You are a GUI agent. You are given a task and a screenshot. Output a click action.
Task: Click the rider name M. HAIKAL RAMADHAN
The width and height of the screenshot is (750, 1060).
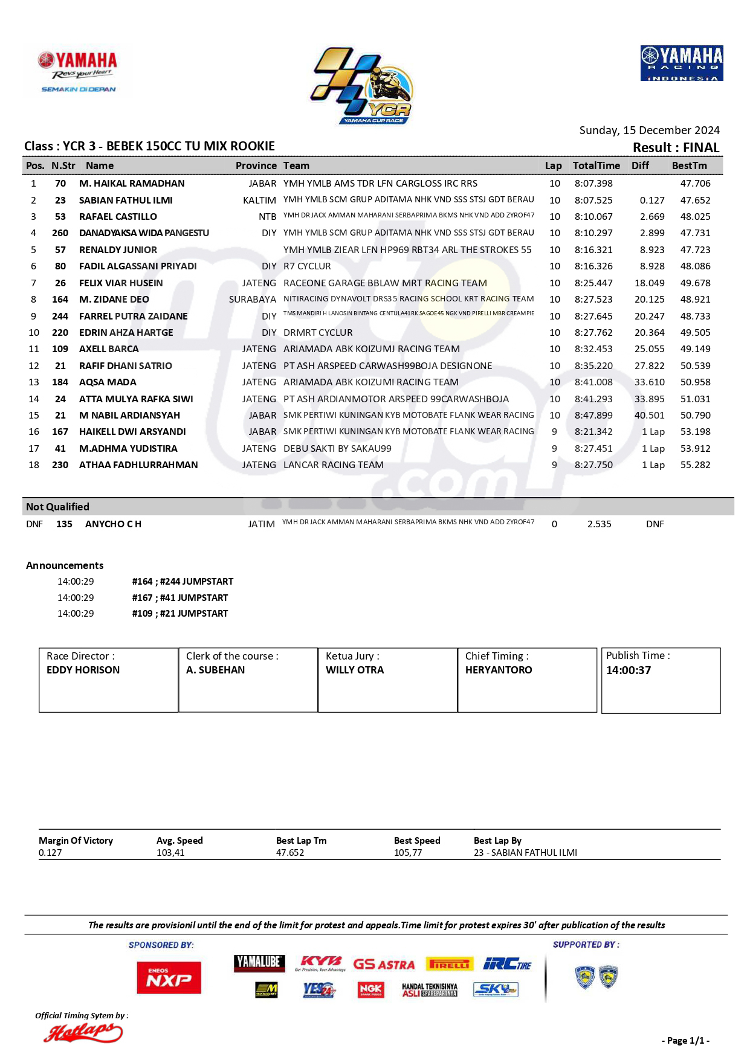pyautogui.click(x=132, y=184)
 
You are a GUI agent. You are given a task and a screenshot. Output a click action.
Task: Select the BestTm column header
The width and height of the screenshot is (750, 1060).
pyautogui.click(x=689, y=165)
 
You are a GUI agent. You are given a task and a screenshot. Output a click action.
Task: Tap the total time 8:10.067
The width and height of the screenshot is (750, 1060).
pyautogui.click(x=593, y=217)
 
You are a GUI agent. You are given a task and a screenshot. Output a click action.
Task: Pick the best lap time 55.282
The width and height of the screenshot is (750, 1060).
pyautogui.click(x=695, y=465)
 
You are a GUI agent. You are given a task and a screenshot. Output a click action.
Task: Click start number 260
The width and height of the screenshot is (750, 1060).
pyautogui.click(x=60, y=233)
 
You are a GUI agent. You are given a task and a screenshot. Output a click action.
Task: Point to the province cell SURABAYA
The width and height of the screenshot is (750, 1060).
pyautogui.click(x=252, y=300)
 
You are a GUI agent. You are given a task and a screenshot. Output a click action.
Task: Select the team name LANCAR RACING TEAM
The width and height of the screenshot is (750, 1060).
pyautogui.click(x=334, y=465)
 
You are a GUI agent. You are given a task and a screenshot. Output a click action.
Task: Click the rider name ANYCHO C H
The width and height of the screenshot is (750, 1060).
pyautogui.click(x=113, y=524)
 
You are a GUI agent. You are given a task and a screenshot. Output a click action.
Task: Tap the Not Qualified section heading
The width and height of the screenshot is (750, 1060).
pyautogui.click(x=57, y=507)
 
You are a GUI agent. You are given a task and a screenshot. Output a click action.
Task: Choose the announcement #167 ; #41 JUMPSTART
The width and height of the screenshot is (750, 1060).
pyautogui.click(x=179, y=598)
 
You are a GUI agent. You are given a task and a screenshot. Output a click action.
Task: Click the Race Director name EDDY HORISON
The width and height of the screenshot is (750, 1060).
pyautogui.click(x=83, y=670)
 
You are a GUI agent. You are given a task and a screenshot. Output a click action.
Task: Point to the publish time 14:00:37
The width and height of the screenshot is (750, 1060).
pyautogui.click(x=629, y=670)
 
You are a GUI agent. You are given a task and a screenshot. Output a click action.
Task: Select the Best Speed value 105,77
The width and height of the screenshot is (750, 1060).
pyautogui.click(x=408, y=853)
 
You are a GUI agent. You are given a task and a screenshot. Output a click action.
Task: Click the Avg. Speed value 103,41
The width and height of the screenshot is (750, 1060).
pyautogui.click(x=170, y=853)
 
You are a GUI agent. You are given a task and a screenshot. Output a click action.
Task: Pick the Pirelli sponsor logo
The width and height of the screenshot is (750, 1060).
pyautogui.click(x=450, y=965)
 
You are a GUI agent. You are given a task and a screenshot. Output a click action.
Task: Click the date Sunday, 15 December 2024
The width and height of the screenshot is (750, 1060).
pyautogui.click(x=649, y=130)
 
